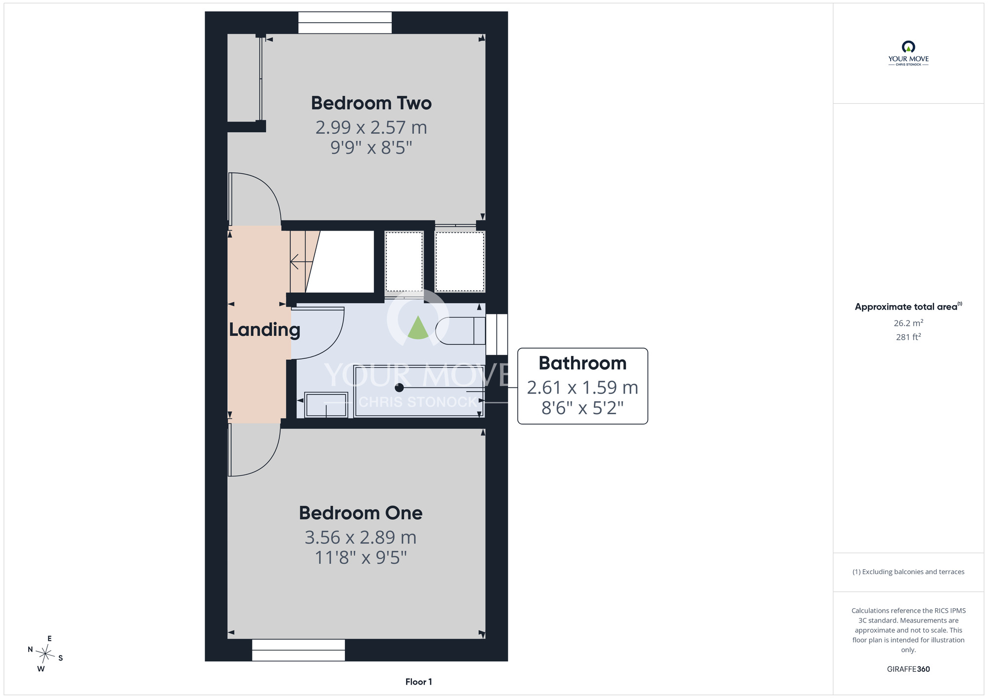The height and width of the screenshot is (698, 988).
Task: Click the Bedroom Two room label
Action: coord(371,103)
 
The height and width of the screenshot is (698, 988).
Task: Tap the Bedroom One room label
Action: coord(361,513)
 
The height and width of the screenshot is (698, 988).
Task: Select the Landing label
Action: coord(265,330)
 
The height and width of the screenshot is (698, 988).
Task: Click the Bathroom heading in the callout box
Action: coord(582,363)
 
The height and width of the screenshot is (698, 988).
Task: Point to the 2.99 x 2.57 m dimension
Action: coord(371,127)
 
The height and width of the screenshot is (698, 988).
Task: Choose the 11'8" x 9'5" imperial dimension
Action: coord(361,557)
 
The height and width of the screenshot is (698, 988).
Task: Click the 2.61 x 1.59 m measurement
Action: coord(582,388)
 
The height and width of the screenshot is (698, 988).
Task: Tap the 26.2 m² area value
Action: coord(908,323)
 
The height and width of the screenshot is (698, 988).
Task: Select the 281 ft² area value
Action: coord(908,337)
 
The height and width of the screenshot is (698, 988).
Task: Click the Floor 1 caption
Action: coord(418,682)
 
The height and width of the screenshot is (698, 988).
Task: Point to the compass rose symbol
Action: coord(45,655)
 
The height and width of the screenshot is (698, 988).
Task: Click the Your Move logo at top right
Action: coord(908,53)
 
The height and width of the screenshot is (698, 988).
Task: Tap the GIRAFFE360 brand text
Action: coord(908,669)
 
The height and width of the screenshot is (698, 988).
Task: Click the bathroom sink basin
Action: coord(326,405)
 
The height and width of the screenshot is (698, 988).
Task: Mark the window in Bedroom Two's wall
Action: coord(345,23)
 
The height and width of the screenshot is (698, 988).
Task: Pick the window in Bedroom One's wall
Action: coord(298,650)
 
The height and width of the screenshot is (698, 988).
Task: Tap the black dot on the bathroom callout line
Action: coord(399,388)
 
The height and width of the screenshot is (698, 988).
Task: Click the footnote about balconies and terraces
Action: coord(908,572)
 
